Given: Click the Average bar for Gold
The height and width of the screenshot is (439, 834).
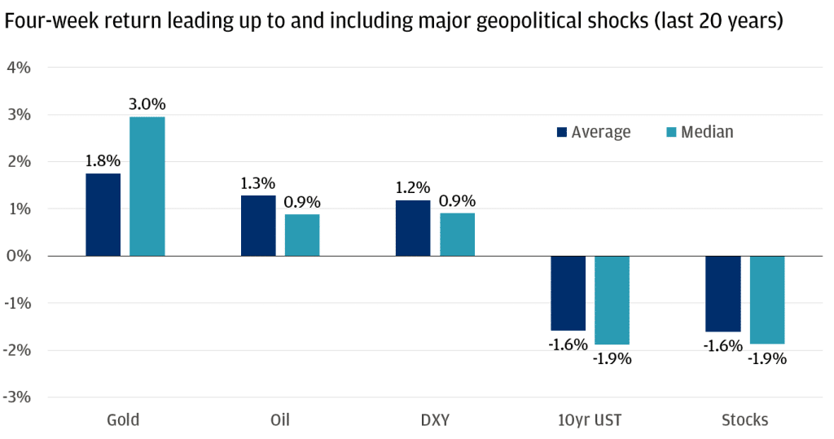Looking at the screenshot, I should pos(103,215).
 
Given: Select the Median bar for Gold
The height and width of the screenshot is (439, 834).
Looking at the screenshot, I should pos(147,187).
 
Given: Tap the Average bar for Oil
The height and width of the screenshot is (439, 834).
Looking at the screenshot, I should pos(257,226).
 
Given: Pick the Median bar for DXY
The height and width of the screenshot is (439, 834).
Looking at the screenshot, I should pos(457,235).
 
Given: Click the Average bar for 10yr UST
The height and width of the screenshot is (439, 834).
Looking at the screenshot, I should pos(568,292).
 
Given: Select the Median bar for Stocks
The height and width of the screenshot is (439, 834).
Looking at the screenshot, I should pos(766,300).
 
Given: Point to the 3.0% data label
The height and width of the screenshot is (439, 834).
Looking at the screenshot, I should pos(147,104).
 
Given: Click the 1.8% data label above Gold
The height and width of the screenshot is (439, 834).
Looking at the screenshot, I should pos(103,160).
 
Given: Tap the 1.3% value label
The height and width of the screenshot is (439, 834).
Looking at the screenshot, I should pos(257,182).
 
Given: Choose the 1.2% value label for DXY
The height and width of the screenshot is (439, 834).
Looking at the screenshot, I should pos(413,187).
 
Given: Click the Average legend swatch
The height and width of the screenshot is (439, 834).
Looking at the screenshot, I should pos(562,133).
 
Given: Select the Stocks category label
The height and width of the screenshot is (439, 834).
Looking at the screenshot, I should pos(744,420).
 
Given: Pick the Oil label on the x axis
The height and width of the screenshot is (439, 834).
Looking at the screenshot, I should pos(279,420).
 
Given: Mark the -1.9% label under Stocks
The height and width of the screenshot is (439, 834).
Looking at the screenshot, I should pos(766,358).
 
